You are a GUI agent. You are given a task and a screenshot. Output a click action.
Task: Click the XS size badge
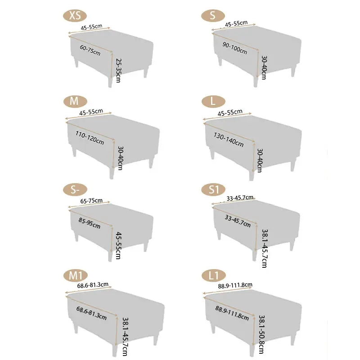click(75, 16)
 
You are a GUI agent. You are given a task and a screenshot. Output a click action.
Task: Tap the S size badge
click(213, 16)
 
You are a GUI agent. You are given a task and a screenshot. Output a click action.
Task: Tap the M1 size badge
click(76, 275)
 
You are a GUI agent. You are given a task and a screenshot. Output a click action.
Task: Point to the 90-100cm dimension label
click(235, 47)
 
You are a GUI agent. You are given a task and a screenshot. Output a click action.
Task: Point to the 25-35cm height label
click(118, 71)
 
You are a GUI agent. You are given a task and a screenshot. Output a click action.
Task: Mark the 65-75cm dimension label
click(91, 201)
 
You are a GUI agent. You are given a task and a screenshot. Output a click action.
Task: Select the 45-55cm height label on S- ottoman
click(118, 245)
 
